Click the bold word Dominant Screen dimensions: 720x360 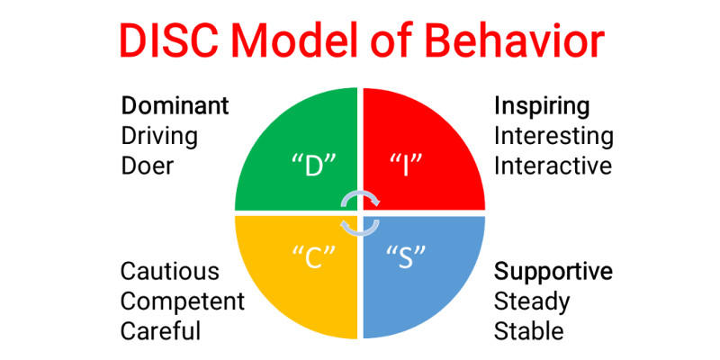(175, 106)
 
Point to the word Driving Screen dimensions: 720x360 (159, 136)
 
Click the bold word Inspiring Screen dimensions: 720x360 (542, 106)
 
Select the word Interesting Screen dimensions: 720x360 (553, 136)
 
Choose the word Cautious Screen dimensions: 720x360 (169, 271)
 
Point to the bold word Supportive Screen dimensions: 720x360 (553, 271)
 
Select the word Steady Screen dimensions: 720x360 (532, 301)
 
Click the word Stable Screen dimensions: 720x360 (529, 330)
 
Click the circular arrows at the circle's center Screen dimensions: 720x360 (360, 213)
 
